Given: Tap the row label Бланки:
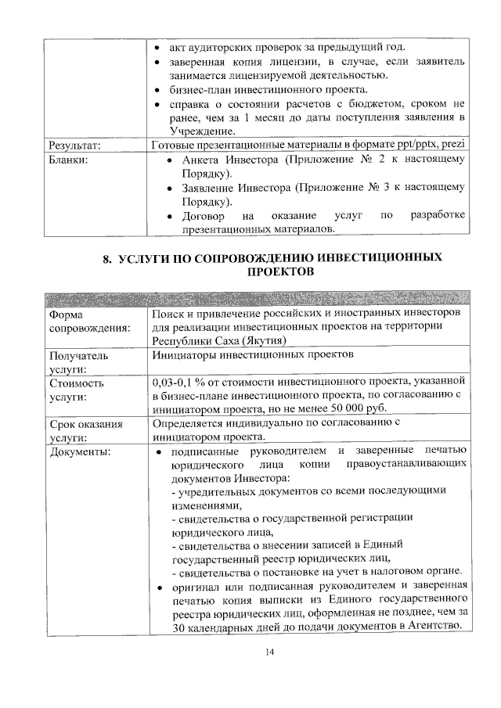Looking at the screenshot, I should pyautogui.click(x=70, y=160).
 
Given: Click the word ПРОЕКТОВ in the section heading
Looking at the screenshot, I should pyautogui.click(x=280, y=271).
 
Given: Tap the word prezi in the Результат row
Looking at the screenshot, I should pyautogui.click(x=455, y=146).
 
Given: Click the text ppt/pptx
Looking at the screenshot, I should pyautogui.click(x=414, y=146).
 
